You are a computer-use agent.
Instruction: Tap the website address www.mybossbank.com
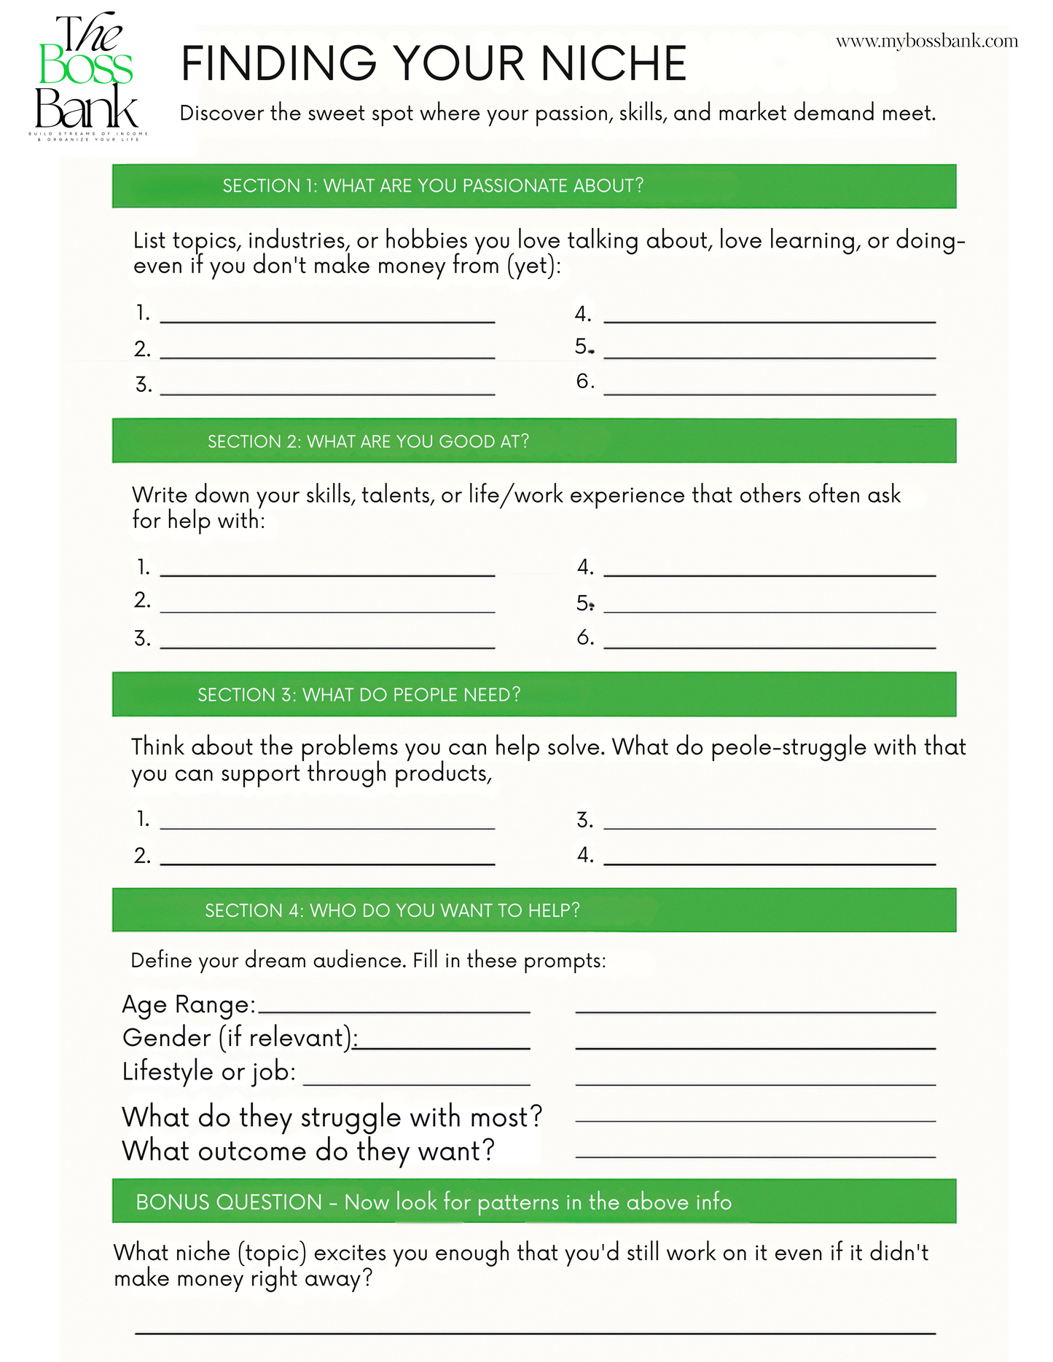point(926,42)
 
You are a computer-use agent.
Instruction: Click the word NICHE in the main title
point(613,63)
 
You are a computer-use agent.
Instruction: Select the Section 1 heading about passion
point(433,186)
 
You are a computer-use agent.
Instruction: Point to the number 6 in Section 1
point(584,381)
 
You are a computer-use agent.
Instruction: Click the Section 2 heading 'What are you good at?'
point(368,441)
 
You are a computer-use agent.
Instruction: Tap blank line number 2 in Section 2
point(327,610)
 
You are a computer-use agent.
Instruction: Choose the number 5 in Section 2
point(583,603)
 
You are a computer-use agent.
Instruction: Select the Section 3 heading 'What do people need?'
point(359,695)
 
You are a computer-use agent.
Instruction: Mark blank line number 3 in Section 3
point(769,827)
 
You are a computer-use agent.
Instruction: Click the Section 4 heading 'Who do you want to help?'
point(392,910)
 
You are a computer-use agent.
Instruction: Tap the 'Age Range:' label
point(189,1004)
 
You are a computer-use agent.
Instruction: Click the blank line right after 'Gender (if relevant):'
point(443,1047)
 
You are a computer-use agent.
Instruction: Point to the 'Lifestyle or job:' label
point(209,1071)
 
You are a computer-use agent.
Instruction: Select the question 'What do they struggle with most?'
point(332,1117)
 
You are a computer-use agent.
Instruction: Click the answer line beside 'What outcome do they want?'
point(755,1154)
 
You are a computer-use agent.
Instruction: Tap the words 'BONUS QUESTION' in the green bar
point(228,1202)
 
